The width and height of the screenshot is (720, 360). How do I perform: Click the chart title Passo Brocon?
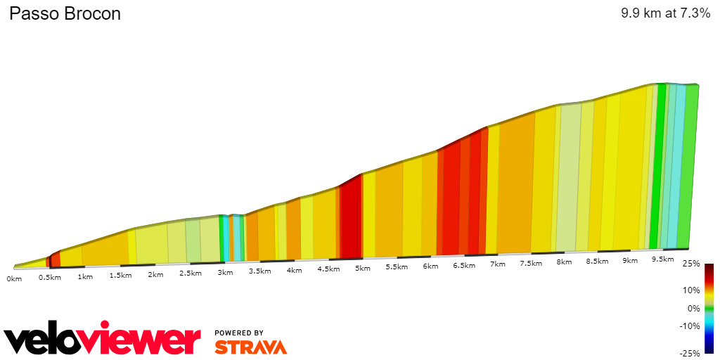65,14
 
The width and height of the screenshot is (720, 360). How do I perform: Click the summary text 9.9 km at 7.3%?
665,13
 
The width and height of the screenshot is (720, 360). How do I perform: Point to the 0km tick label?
14,278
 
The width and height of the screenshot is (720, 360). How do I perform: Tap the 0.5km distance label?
49,277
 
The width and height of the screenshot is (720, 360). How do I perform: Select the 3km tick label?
224,272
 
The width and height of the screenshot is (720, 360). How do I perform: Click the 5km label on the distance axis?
362,269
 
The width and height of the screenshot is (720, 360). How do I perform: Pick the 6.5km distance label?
464,266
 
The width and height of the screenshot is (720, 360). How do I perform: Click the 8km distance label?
563,262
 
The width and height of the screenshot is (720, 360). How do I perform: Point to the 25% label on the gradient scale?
691,264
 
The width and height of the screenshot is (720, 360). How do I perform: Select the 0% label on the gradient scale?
694,308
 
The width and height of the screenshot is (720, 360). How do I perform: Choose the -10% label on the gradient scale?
690,326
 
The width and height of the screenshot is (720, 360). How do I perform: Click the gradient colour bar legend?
709,308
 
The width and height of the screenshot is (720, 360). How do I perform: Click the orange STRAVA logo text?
250,347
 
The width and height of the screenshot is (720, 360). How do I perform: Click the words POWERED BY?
239,333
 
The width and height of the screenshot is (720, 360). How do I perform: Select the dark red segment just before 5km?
350,218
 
